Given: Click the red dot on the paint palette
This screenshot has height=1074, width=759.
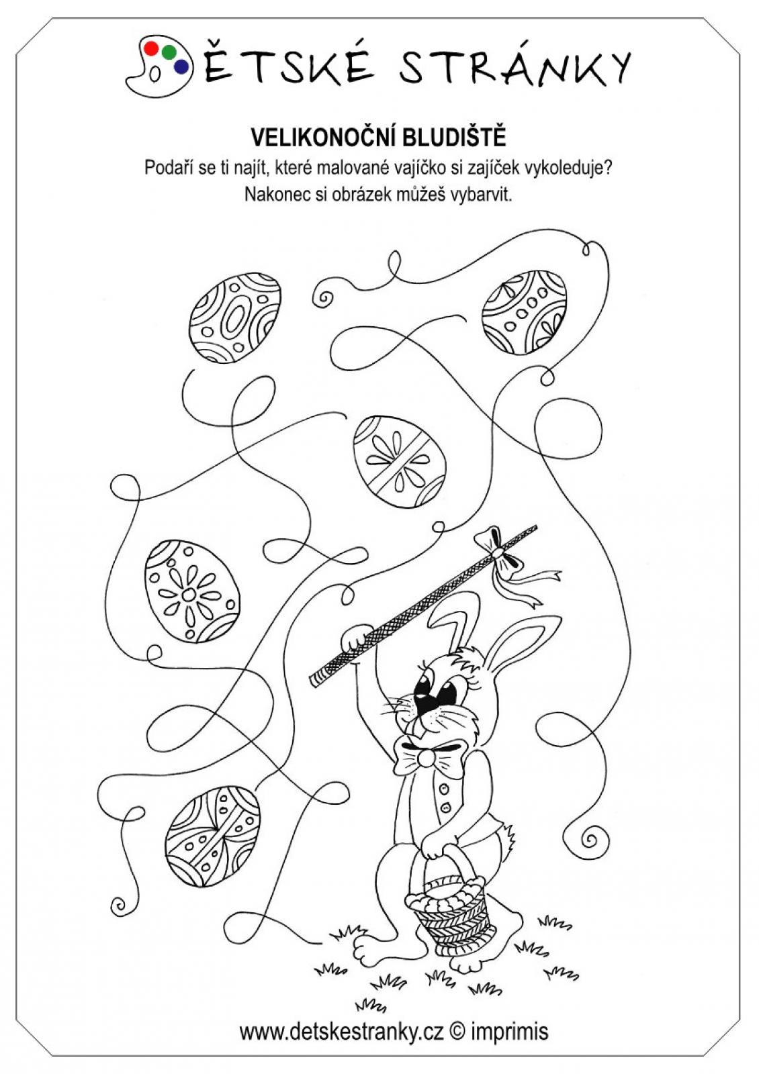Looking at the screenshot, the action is point(151,48).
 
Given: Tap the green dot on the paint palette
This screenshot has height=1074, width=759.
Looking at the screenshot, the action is point(169,52).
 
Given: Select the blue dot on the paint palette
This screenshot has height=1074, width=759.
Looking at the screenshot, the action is point(181,66).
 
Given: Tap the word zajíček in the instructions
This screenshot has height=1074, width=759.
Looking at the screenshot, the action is point(487,168).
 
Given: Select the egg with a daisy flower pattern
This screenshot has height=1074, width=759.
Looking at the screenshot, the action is point(192,591).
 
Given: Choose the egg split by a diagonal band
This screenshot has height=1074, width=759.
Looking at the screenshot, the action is point(399,462).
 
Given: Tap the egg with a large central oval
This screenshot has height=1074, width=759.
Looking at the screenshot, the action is point(234,318).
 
